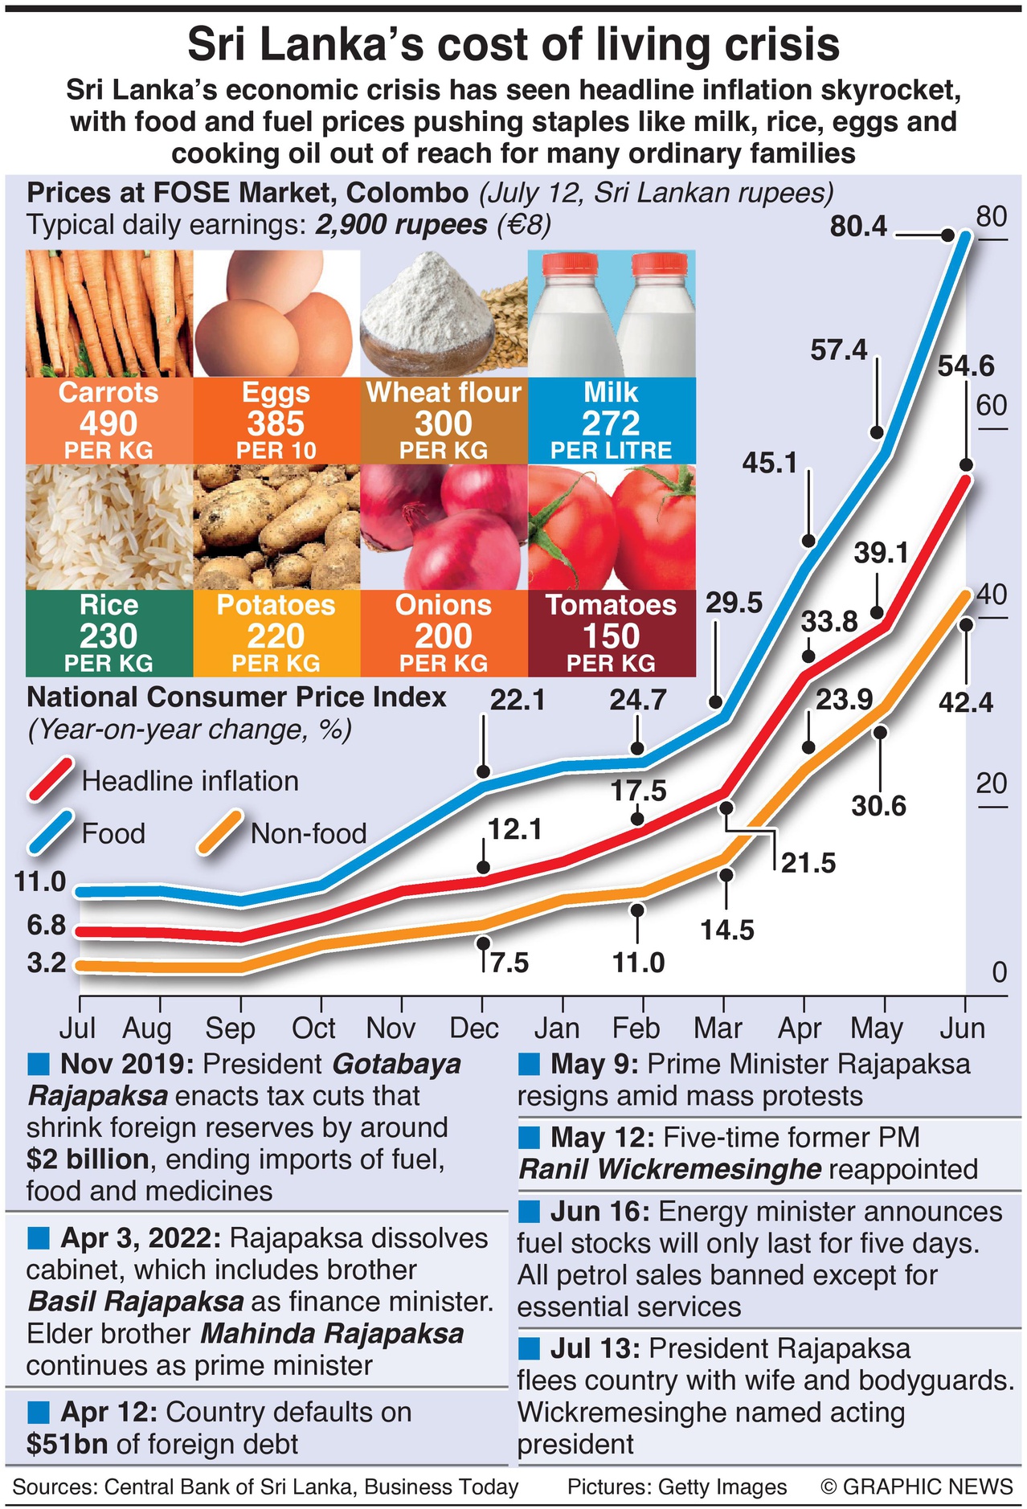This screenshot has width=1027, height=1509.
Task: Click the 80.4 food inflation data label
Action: coord(858,227)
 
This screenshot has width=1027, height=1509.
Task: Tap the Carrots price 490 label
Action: coord(108,423)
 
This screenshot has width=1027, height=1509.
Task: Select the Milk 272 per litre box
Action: coord(611,421)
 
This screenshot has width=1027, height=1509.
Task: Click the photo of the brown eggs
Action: coord(276,313)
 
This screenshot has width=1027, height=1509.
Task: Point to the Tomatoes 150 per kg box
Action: coord(611,634)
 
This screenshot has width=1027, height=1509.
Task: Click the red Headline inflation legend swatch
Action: coord(51,779)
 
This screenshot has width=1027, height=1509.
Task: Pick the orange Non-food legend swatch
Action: coord(220,832)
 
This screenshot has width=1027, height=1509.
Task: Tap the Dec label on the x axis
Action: coord(474,1028)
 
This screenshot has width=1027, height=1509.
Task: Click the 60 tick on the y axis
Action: coord(991,406)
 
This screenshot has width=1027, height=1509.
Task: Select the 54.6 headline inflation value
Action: coord(965,367)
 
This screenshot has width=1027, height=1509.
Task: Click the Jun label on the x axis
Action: coord(962,1028)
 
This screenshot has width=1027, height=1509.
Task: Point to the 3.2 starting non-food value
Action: coord(47,963)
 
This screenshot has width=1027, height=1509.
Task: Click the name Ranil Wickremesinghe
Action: coord(670,1169)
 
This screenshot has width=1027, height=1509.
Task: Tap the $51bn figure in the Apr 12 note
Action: coord(67,1444)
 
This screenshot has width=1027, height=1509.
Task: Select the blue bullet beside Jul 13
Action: coord(530,1347)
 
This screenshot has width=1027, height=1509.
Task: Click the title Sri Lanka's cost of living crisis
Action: coord(513,45)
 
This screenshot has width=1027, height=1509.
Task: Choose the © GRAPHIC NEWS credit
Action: coord(916,1487)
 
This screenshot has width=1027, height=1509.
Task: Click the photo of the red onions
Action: coord(444,527)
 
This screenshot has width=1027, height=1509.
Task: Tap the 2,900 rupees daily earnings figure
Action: coord(400,225)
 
